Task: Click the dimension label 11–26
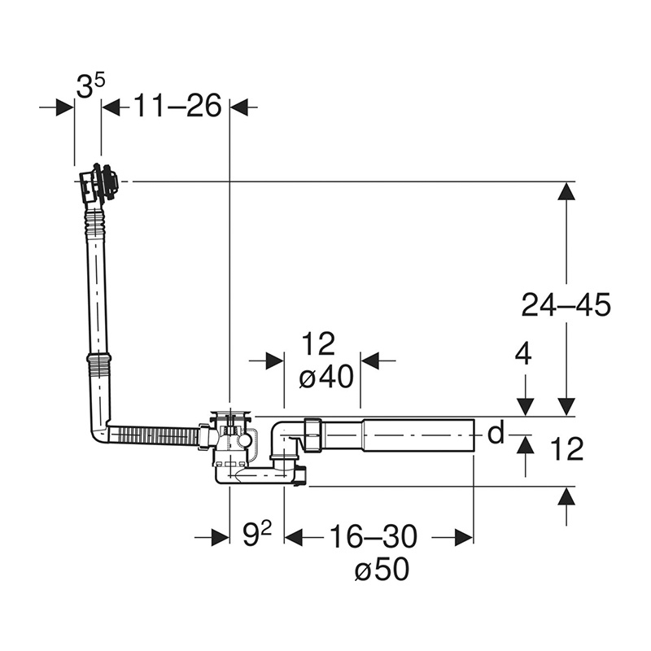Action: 177,106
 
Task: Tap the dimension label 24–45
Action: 566,304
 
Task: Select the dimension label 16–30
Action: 373,536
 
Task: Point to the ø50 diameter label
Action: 382,569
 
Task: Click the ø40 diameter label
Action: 326,377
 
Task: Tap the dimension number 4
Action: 522,355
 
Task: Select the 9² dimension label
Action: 257,535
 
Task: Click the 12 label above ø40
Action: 318,344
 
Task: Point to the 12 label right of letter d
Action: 566,449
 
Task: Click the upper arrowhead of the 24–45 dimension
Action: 566,192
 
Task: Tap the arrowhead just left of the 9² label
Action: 220,538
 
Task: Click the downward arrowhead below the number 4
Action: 526,406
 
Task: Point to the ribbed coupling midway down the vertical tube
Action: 98,358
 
